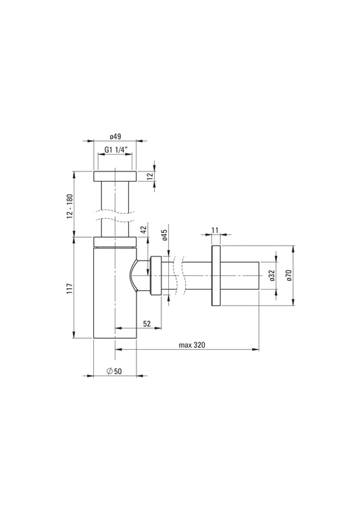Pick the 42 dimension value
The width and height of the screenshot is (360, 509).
pos(143,230)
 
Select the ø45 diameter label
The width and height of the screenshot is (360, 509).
pos(165,236)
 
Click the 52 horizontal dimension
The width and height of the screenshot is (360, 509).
pos(147,324)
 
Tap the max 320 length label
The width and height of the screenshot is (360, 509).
pos(192,344)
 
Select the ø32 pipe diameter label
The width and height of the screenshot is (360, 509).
pos(271,275)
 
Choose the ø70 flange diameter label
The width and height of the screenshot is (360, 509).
pos(289,275)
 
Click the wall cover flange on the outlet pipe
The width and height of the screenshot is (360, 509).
pos(215,276)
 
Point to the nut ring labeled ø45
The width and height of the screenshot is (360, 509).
pos(156,275)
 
